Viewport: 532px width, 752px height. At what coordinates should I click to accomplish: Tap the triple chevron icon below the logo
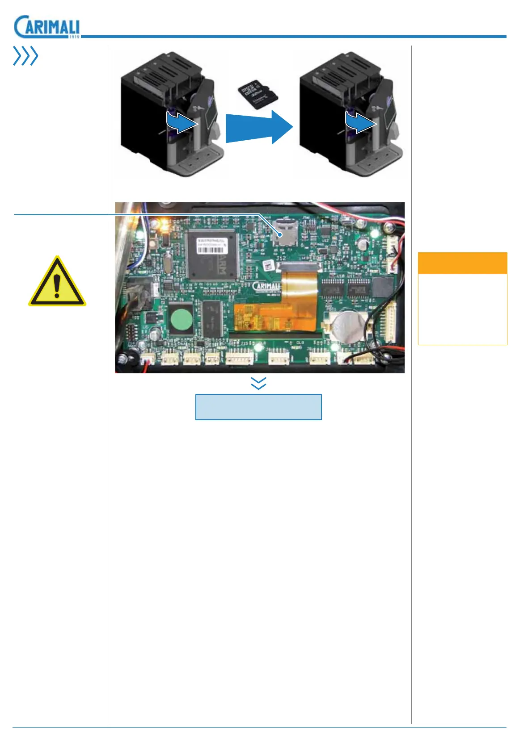click(25, 56)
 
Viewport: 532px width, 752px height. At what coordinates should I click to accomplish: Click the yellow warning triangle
click(57, 282)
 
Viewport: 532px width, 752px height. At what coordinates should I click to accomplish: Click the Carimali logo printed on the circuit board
click(267, 286)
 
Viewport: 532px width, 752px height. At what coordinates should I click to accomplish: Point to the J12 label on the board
click(281, 259)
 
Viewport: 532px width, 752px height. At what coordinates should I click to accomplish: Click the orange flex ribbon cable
click(286, 308)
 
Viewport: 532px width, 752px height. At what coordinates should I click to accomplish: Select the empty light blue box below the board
click(258, 407)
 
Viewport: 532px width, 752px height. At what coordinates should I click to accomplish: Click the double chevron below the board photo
click(259, 383)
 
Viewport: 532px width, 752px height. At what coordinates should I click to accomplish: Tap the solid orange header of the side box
click(462, 263)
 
